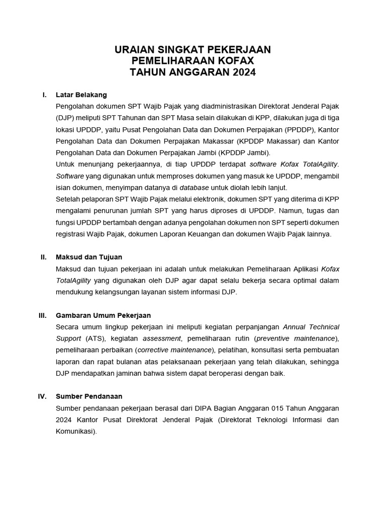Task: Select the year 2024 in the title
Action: [244, 72]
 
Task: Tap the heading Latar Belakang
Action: [81, 95]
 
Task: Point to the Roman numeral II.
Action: [44, 257]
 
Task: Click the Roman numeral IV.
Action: [43, 396]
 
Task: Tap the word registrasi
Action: [72, 234]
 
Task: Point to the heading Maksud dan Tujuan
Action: [89, 257]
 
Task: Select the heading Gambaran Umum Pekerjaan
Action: [104, 315]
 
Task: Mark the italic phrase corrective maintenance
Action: [175, 350]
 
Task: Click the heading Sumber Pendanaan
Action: [89, 396]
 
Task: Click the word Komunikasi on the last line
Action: [76, 431]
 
